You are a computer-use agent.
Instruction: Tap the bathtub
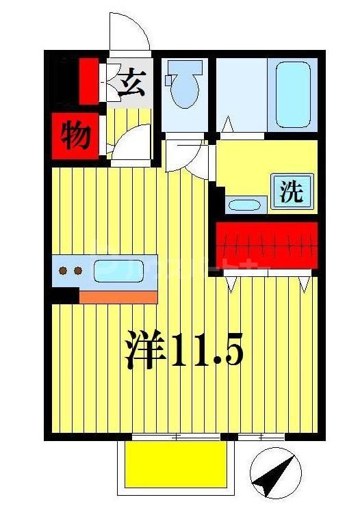tap(293, 94)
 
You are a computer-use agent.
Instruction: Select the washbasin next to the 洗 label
tap(246, 203)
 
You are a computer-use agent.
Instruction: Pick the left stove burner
tap(64, 271)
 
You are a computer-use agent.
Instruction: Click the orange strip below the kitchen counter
tap(118, 296)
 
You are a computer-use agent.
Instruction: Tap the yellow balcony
tap(175, 463)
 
